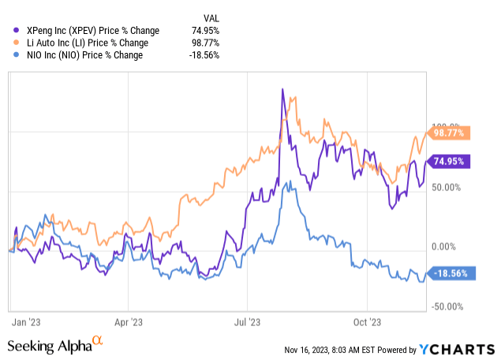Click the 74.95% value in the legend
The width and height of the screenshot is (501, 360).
[x=206, y=30]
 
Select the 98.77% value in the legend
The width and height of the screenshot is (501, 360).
[x=206, y=43]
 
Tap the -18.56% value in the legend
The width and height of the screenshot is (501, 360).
[x=204, y=55]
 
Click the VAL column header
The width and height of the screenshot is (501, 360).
[x=211, y=15]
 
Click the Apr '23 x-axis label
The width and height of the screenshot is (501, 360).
[x=129, y=322]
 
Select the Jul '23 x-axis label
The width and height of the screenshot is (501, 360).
[x=247, y=322]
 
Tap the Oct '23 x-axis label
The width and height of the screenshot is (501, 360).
[x=368, y=322]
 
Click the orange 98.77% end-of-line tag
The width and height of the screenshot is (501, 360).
[x=449, y=133]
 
